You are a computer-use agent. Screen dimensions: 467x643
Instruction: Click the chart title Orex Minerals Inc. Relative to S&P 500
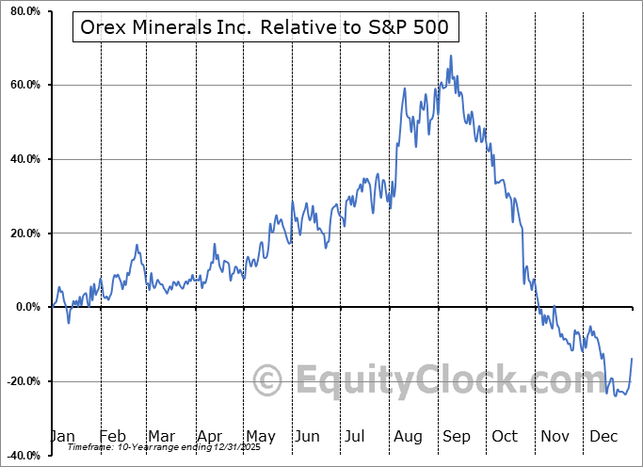tap(264, 29)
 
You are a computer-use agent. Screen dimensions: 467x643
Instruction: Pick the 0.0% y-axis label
tap(29, 307)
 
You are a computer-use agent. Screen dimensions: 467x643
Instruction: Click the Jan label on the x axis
tap(61, 436)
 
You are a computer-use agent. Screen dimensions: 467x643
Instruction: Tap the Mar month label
tap(160, 436)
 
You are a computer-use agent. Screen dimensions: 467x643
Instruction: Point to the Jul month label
tap(356, 436)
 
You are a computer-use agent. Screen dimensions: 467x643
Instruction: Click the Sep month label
tap(456, 436)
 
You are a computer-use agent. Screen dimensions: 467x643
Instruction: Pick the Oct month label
tap(505, 436)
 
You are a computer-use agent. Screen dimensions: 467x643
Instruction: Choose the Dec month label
tap(603, 436)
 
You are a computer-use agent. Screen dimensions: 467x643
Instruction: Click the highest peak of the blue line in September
tap(451, 56)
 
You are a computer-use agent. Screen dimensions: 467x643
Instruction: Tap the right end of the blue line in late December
tap(631, 359)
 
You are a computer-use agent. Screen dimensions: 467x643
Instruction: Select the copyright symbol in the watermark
tap(269, 380)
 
